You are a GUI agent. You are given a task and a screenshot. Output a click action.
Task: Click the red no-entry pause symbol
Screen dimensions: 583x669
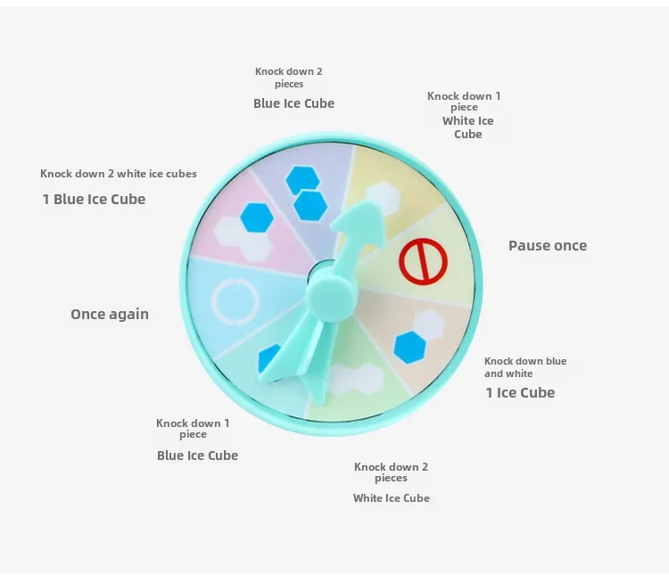[x=422, y=261]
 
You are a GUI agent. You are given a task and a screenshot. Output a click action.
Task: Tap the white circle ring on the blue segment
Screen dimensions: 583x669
[x=235, y=301]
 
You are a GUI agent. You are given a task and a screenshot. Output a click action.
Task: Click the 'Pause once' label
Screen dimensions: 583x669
[x=548, y=246]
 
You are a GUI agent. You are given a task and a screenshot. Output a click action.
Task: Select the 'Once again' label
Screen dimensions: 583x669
[x=110, y=314]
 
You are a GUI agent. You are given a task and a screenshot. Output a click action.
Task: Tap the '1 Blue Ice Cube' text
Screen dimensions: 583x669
[x=94, y=199]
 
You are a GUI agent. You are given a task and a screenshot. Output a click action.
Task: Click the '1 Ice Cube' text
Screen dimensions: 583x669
[x=520, y=392]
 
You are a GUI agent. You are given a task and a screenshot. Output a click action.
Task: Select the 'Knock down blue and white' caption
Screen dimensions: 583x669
[x=525, y=367]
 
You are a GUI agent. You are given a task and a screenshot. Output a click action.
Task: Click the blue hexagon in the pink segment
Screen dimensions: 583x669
[x=256, y=216]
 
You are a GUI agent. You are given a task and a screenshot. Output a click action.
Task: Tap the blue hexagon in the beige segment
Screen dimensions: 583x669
[x=409, y=348]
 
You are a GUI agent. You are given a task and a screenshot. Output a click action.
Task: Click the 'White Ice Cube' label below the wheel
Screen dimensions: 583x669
[x=391, y=497]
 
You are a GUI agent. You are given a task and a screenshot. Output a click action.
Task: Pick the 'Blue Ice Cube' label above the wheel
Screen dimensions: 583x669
[x=293, y=103]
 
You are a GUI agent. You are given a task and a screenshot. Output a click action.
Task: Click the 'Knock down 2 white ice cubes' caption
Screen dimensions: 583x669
[x=119, y=174]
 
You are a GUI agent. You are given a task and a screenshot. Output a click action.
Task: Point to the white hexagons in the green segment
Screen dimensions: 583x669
[x=355, y=380]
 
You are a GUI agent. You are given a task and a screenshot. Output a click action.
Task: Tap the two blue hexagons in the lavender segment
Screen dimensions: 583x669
[x=304, y=192]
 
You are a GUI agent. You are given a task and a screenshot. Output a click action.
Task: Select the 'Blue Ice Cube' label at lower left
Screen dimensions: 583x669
[x=197, y=456]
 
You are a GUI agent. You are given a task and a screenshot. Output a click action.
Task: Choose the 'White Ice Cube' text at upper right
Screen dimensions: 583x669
[x=467, y=127]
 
